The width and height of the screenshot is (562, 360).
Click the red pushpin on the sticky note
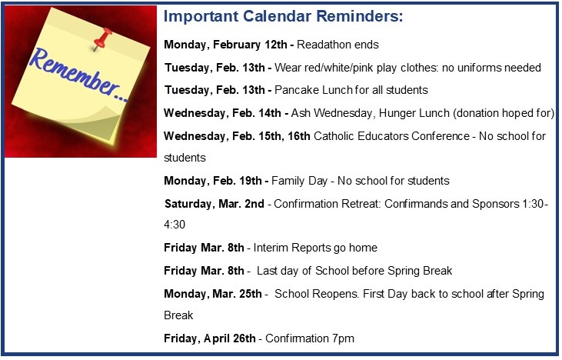102,38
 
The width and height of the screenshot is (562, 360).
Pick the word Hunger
395,113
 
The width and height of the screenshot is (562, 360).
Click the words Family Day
299,181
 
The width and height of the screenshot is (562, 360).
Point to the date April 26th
230,338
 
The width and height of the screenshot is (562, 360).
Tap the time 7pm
343,338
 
